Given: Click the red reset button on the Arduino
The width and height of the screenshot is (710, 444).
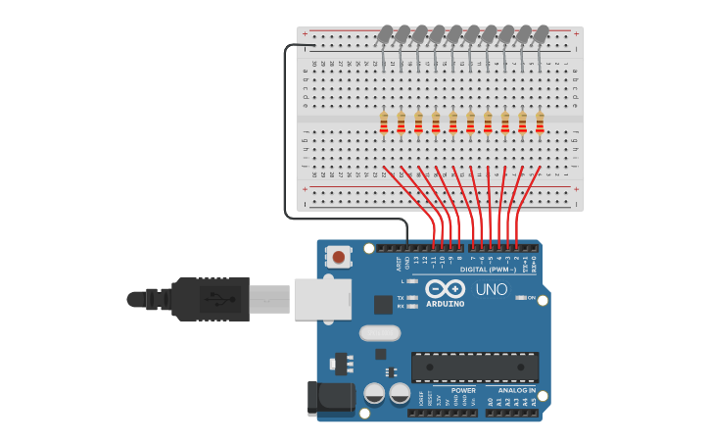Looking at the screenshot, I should point(339,258).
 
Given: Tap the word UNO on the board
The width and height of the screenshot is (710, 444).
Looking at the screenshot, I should point(491,289).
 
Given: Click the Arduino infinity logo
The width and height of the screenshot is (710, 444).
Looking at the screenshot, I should point(445,288).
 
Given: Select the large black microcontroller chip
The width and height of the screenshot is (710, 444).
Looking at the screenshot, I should point(474,367).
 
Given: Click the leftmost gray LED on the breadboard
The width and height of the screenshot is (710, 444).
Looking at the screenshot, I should point(385,34).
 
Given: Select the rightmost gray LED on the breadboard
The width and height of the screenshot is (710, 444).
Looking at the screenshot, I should point(541,34).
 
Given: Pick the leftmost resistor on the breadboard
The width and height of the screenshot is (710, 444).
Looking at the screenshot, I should point(384,123).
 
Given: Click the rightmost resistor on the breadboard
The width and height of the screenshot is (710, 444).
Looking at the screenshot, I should point(540,123).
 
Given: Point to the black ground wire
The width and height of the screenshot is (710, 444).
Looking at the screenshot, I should point(286,137).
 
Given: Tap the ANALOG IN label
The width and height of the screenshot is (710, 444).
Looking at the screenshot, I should point(517,390).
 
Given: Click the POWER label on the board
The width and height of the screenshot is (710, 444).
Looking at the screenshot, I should point(463,390).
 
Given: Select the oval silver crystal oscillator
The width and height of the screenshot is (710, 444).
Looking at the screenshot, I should point(379,333).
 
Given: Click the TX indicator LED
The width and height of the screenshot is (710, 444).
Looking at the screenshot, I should point(412,297).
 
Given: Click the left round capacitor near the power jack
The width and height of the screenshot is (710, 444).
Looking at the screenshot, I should point(374,393).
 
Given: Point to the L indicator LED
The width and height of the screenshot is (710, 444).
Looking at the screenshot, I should point(412,281).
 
